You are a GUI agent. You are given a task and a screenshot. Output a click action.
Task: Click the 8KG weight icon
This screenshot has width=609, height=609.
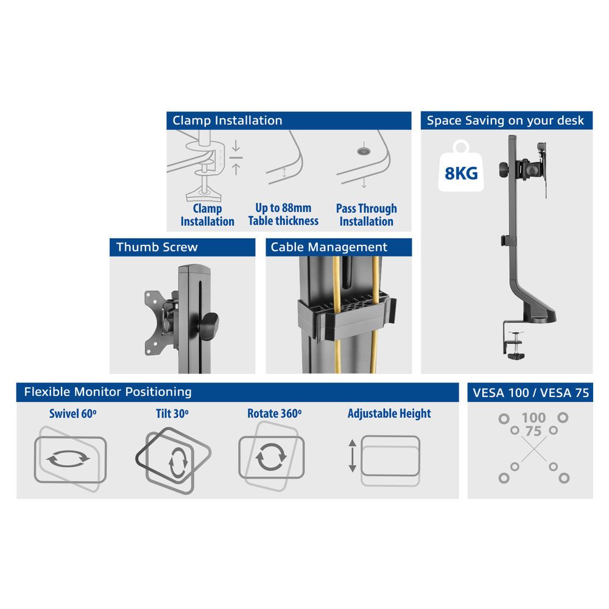coord(461,170)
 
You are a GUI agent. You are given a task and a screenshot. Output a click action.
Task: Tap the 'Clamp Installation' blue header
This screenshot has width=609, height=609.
coord(289,120)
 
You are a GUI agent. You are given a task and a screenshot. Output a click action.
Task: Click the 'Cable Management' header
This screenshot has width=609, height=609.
coord(339,247)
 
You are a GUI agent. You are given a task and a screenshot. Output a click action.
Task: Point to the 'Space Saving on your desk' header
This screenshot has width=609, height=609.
coord(505,120)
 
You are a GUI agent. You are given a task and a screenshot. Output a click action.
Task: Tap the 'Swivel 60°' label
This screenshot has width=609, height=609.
coord(73,414)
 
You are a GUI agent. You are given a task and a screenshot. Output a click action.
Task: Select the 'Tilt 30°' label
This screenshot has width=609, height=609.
coord(172,414)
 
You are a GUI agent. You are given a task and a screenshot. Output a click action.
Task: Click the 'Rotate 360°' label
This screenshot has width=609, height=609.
coord(274,414)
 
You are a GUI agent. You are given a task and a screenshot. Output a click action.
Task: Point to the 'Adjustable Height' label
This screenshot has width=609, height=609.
coord(389,414)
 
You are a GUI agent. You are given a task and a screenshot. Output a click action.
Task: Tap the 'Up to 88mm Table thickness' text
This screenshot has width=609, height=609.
coord(283,214)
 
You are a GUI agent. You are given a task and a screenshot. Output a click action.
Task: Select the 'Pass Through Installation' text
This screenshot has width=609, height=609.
coord(366,214)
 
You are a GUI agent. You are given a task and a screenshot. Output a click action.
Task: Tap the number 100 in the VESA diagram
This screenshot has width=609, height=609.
coord(533,418)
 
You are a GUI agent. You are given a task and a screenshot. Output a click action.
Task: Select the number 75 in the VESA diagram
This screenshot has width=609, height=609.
coord(533,431)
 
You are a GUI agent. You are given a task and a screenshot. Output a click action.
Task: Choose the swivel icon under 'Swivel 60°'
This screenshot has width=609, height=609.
coord(69,458)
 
